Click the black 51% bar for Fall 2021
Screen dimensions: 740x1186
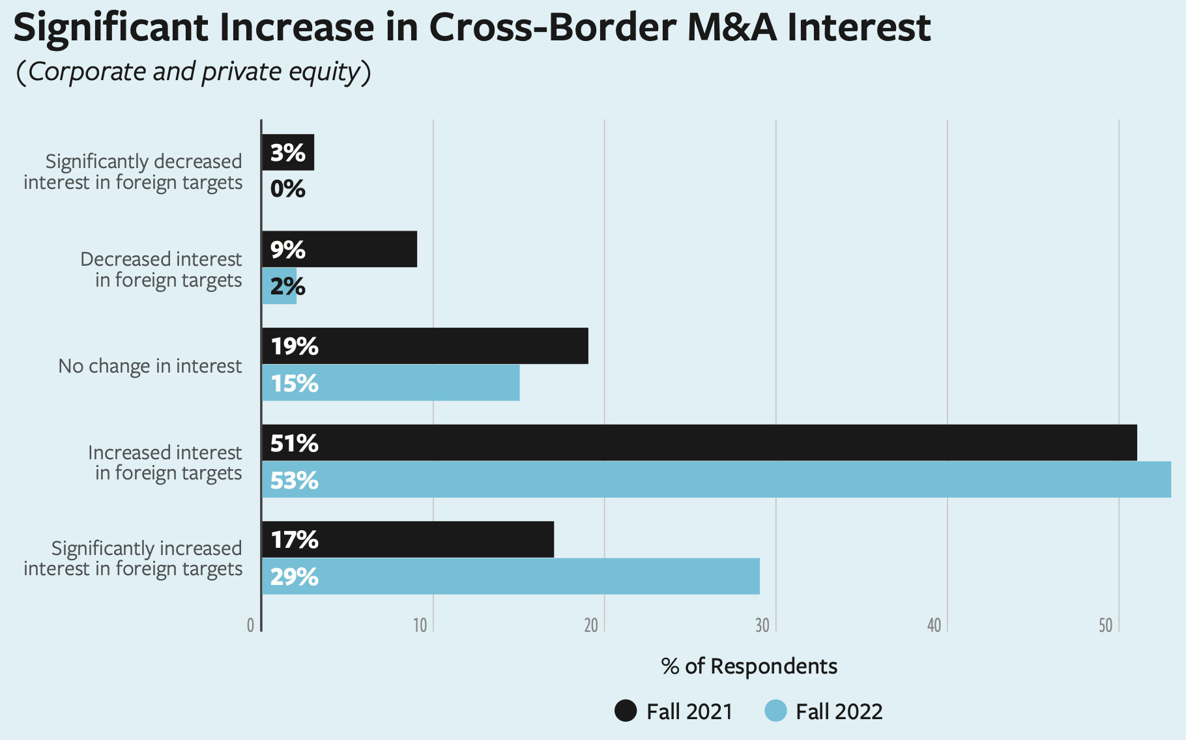tap(699, 443)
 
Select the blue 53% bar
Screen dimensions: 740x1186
tap(716, 480)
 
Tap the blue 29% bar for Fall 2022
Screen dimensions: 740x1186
tap(510, 576)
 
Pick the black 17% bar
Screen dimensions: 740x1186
tap(408, 539)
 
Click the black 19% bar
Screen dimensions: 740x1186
tap(425, 346)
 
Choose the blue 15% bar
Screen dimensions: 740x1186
tap(391, 383)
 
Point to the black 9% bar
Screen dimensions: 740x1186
tap(340, 249)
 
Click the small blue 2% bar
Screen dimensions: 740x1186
tap(279, 286)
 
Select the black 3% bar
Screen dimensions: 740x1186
tap(288, 152)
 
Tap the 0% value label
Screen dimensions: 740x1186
tap(287, 190)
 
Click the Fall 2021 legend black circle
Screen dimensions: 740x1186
tap(626, 711)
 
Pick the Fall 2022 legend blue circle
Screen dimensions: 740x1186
tap(775, 711)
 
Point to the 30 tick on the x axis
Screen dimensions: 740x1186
tap(762, 626)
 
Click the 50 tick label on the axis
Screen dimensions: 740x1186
tap(1105, 626)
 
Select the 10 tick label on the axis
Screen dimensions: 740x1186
tap(420, 626)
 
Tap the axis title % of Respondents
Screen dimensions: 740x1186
tap(749, 666)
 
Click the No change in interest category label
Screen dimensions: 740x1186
tap(150, 366)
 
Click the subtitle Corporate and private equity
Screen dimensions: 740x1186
tap(194, 72)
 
